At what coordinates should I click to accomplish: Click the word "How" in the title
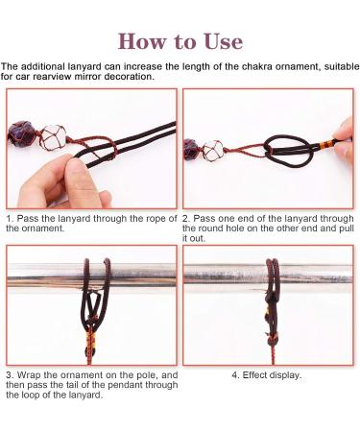pyautogui.click(x=143, y=42)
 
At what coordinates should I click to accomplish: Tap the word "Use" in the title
pyautogui.click(x=224, y=42)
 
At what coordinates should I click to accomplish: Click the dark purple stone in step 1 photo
pyautogui.click(x=22, y=133)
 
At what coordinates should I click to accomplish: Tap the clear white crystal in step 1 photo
pyautogui.click(x=54, y=137)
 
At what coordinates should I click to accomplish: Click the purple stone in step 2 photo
pyautogui.click(x=191, y=149)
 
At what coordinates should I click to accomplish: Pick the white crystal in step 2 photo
pyautogui.click(x=212, y=150)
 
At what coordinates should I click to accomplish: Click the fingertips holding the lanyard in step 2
pyautogui.click(x=344, y=141)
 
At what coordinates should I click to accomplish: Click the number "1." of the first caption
pyautogui.click(x=10, y=219)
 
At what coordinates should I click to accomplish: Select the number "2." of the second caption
pyautogui.click(x=186, y=219)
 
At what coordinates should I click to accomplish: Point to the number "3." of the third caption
pyautogui.click(x=10, y=375)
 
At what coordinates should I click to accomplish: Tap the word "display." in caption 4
pyautogui.click(x=286, y=375)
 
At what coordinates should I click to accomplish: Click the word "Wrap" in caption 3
pyautogui.click(x=29, y=375)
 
